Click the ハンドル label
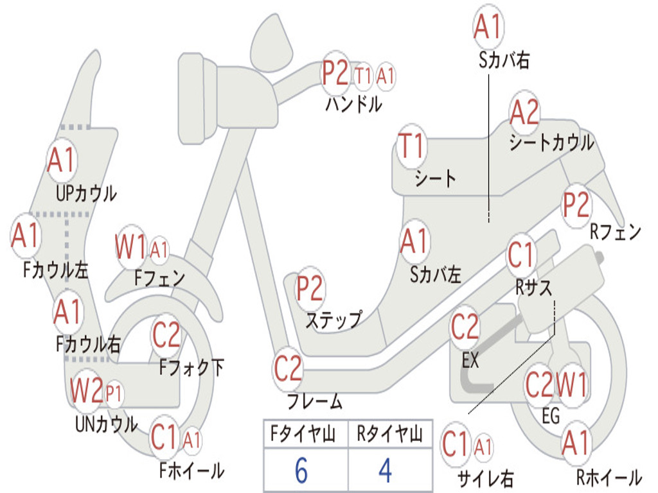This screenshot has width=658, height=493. tap(353, 104)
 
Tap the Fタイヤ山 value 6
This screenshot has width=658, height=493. tap(301, 471)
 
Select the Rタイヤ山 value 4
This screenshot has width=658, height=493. tap(385, 471)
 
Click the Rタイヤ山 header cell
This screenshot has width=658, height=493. tap(389, 436)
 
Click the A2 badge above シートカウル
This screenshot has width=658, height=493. tap(524, 113)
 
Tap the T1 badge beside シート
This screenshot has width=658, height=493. tap(411, 146)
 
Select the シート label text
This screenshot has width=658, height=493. tap(435, 178)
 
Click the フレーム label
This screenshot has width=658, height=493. tap(314, 402)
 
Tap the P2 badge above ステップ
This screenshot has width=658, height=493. tap(310, 289)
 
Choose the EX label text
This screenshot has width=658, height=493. tap(470, 361)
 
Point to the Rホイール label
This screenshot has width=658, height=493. tap(608, 478)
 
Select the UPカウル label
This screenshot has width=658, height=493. tap(86, 193)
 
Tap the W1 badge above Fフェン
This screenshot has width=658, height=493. tap(131, 246)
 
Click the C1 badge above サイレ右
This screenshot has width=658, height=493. tap(456, 445)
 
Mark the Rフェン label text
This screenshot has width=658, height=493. tap(616, 232)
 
